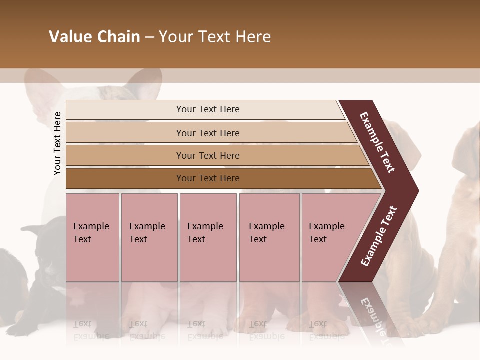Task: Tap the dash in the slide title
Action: coord(149,37)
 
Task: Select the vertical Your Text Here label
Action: coord(57,143)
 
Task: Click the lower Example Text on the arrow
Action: coord(379,236)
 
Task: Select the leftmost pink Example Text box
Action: coord(92,237)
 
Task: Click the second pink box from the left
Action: coord(149,237)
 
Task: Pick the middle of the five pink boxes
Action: coord(208,237)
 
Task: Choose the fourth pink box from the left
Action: coord(269,237)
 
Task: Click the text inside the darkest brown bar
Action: coord(208,178)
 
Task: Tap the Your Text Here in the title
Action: coord(215,37)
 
